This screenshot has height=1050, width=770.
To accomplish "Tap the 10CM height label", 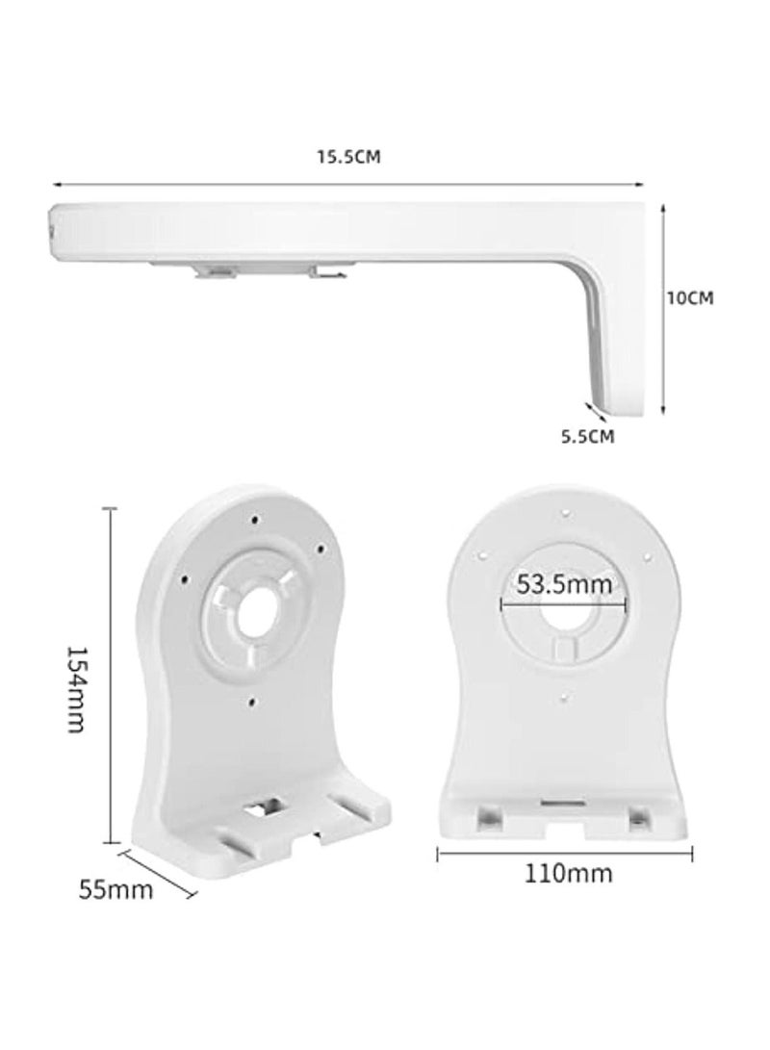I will point(689,298).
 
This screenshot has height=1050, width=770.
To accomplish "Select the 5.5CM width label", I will point(588,436).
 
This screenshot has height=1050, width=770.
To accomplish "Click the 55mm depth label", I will point(115,889).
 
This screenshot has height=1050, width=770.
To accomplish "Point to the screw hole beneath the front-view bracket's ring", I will point(565,699).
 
